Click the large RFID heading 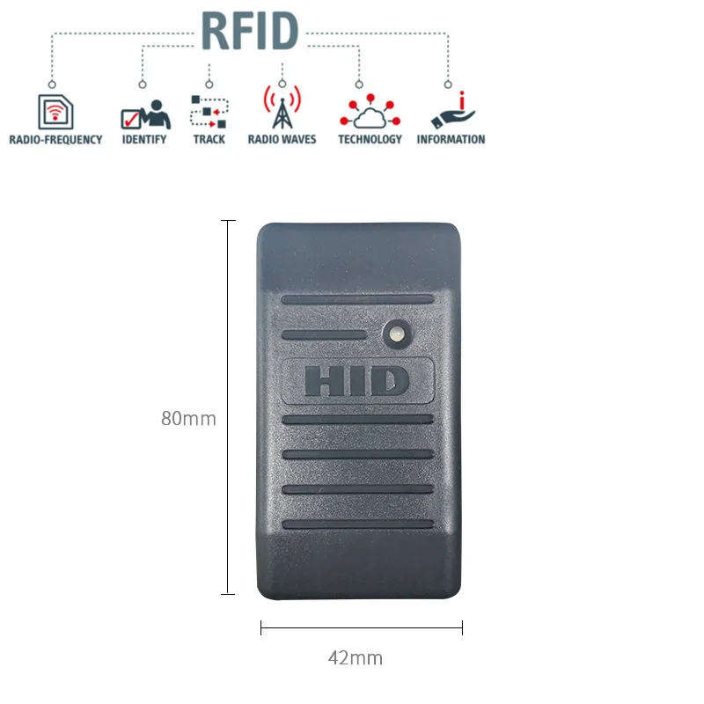pos(250,31)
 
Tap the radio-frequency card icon pos(55,112)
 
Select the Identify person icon pos(144,114)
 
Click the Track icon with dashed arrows pos(209,113)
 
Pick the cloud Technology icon pos(370,112)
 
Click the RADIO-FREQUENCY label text pos(55,140)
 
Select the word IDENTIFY pos(144,140)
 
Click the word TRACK pos(209,140)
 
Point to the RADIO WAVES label pos(282,140)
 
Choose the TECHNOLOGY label pos(370,140)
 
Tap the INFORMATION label pos(451,140)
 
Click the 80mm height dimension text pos(188,419)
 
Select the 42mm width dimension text pos(356,657)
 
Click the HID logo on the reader pos(357,381)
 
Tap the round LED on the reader pos(395,332)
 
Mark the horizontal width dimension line pos(362,627)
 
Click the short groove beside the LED pos(325,334)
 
